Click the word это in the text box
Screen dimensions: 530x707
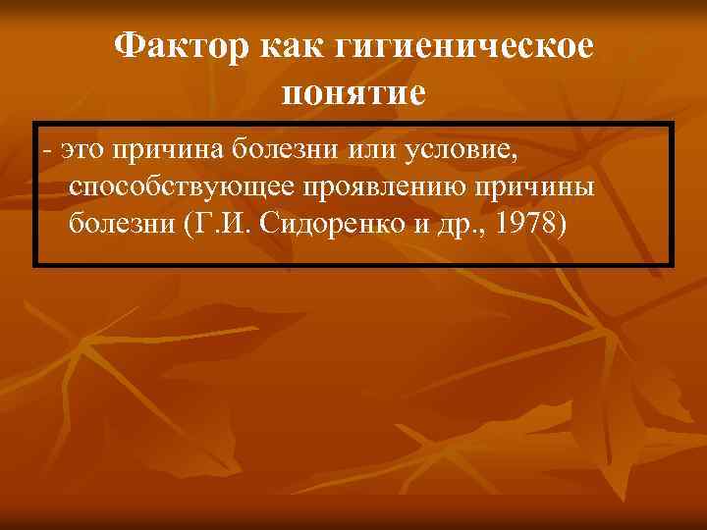click(x=82, y=150)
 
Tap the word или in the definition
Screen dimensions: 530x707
click(x=358, y=150)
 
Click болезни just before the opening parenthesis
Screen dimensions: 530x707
click(x=121, y=225)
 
